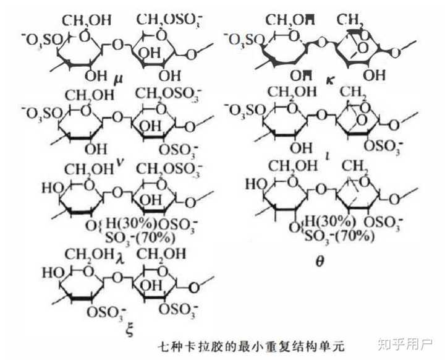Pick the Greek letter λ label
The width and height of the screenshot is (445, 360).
point(121,255)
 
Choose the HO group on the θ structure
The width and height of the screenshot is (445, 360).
point(255,184)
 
